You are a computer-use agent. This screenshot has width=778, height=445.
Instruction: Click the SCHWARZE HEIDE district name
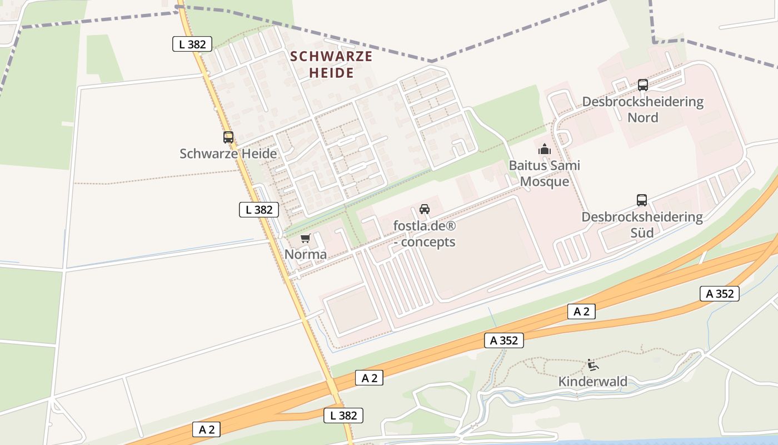tap(331, 65)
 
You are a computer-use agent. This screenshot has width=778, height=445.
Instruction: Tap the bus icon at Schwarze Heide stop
tap(228, 137)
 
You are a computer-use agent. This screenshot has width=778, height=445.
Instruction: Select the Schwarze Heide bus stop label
tap(228, 154)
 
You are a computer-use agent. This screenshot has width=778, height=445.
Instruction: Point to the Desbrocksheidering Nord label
tap(642, 110)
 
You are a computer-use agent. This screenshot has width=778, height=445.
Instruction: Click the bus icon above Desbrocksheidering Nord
tap(643, 85)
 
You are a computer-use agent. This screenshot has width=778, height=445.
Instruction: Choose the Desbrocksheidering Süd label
tap(642, 225)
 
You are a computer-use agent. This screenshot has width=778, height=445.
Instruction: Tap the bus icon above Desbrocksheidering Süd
tap(642, 200)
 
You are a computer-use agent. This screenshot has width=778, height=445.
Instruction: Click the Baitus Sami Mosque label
tap(544, 174)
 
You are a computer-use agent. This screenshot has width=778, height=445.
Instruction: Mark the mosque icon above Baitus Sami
tap(544, 149)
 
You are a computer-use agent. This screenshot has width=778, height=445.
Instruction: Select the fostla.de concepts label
tap(425, 234)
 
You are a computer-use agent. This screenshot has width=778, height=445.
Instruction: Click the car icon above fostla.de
tap(425, 209)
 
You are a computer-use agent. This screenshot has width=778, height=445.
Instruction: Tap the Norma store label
tap(306, 255)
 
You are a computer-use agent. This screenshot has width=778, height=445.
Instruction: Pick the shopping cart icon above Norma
tap(305, 239)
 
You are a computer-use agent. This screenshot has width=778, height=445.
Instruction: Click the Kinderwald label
tap(593, 382)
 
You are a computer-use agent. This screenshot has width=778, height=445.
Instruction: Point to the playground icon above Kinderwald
tap(593, 365)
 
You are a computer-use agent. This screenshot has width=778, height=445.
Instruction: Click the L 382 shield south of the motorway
tap(343, 415)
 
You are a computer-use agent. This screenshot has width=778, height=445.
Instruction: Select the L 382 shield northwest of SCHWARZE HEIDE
tap(192, 44)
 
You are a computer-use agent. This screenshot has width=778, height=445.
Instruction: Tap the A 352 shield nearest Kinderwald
tap(504, 340)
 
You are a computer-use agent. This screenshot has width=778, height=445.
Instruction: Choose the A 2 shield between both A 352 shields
tap(581, 311)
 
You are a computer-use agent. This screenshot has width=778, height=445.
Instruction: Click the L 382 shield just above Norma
tap(259, 210)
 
